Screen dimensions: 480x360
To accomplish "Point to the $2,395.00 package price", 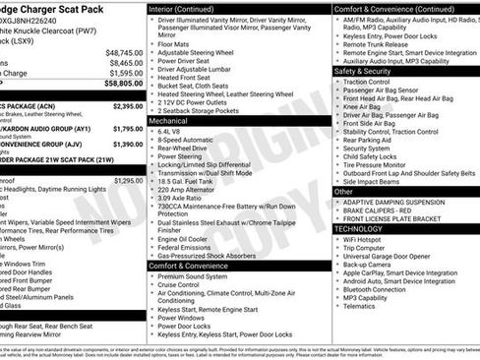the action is click(128, 106).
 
